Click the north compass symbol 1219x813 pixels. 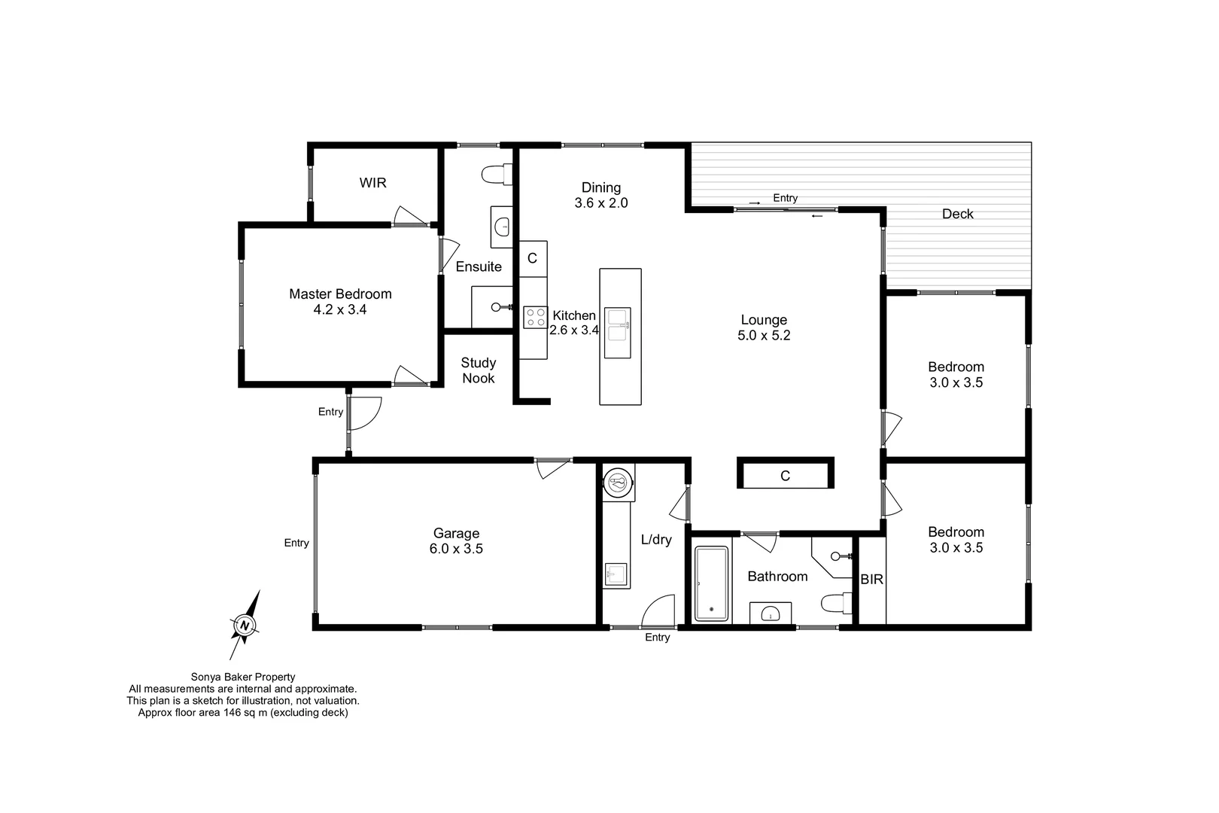point(244,625)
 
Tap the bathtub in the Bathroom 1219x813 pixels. point(711,584)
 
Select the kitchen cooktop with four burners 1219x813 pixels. point(536,317)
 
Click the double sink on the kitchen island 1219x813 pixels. point(617,333)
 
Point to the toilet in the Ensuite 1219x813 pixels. point(495,175)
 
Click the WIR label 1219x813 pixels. point(372,183)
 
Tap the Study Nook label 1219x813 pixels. point(479,370)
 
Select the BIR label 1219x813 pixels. point(871,580)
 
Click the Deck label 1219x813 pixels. point(957,214)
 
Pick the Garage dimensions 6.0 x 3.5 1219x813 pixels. point(456,549)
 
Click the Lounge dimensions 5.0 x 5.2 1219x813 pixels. point(764,336)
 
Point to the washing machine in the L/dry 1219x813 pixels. point(619,482)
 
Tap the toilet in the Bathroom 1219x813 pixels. point(835,603)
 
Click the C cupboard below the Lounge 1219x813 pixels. point(785,476)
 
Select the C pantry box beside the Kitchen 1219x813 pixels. point(532,258)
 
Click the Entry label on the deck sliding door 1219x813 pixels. point(785,198)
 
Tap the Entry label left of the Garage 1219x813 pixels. point(296,543)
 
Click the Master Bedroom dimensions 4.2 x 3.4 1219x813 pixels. point(340,309)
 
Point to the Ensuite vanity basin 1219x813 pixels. point(502,225)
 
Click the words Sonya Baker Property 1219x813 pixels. point(243,677)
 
